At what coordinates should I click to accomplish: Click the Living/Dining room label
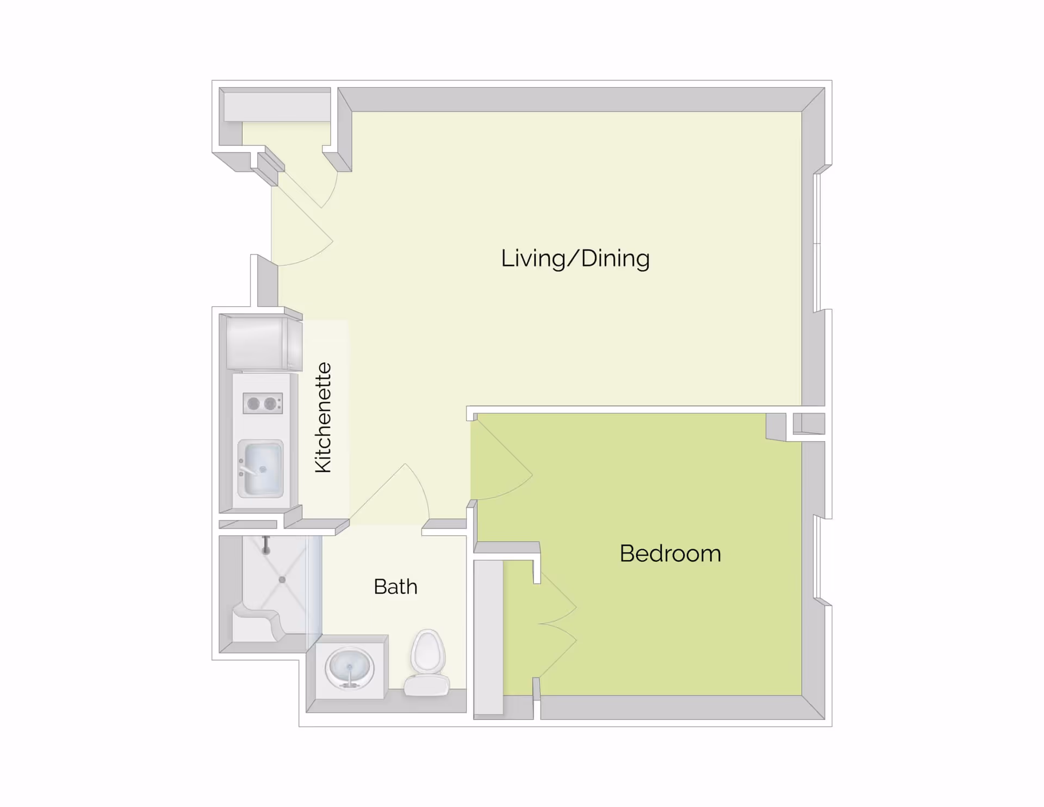coord(575,258)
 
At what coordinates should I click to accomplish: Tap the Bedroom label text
coord(670,554)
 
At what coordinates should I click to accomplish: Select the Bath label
coord(395,587)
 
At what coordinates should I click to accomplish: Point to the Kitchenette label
coord(324,417)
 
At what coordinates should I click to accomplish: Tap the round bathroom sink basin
coord(350,667)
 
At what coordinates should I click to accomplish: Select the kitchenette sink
coord(261,469)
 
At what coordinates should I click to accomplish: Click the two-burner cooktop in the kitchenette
coord(263,403)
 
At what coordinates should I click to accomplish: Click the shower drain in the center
coord(282,580)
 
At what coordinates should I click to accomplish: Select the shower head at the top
coord(266,546)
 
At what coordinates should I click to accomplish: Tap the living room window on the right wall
coord(817,242)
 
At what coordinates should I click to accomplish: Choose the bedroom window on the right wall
coord(817,557)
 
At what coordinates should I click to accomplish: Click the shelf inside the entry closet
coord(277,107)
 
